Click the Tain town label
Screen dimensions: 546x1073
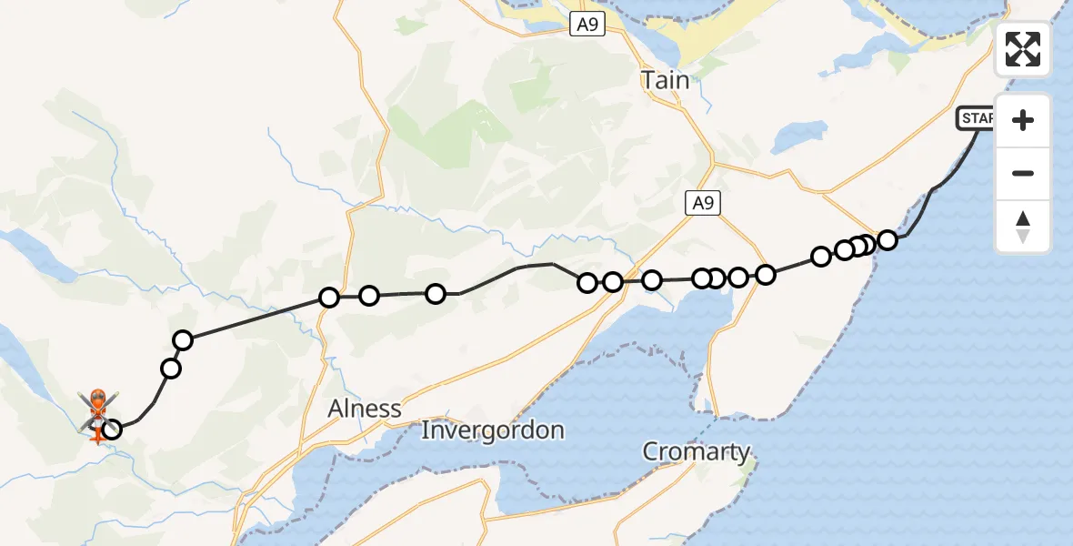(666, 80)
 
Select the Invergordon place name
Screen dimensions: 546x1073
(493, 430)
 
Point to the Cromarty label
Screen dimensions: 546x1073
(697, 451)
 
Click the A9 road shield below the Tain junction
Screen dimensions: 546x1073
(703, 205)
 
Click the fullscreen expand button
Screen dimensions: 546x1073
(1023, 49)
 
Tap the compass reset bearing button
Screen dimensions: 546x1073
(1023, 227)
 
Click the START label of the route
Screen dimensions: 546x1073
(976, 118)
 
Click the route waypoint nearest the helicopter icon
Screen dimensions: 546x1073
(112, 429)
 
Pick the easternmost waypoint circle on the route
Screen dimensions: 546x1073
(887, 240)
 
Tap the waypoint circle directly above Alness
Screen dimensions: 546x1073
(329, 297)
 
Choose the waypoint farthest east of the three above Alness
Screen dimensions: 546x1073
(436, 293)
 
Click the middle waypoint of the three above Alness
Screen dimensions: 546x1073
(369, 295)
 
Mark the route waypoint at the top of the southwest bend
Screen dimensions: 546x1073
(183, 340)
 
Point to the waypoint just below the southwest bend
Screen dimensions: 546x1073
(170, 368)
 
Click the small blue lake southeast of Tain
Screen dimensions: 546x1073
(787, 137)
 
